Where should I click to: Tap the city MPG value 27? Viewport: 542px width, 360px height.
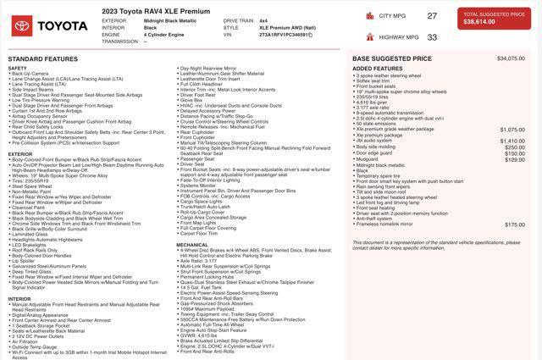tap(433, 16)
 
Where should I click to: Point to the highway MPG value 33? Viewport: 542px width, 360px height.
tap(433, 37)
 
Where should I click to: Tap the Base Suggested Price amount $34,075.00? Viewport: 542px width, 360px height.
tap(511, 58)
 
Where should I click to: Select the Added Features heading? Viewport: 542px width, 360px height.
tap(377, 68)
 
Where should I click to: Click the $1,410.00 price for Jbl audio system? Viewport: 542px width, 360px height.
tap(512, 141)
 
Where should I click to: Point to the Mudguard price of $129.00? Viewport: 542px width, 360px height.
tap(515, 158)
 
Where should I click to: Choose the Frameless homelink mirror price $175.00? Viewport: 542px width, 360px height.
tap(515, 224)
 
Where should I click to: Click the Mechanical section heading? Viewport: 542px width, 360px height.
tap(192, 245)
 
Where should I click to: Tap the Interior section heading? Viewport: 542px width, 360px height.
tap(19, 299)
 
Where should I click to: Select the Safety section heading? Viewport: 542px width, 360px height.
tap(17, 68)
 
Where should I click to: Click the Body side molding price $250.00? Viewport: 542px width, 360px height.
tap(515, 147)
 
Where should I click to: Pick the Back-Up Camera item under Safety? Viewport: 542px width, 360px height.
tap(31, 74)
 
